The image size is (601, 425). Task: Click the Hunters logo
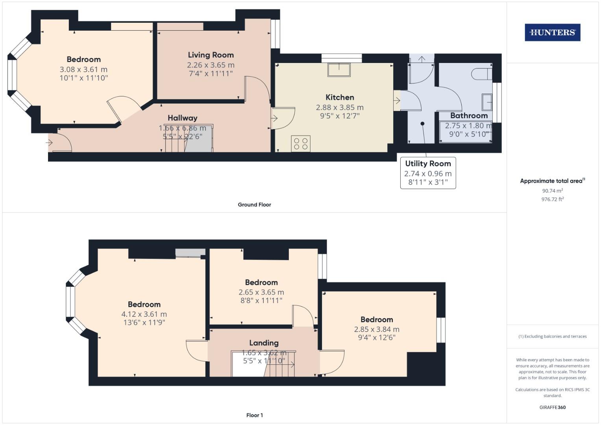tap(552, 33)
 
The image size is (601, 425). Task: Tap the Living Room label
tap(211, 55)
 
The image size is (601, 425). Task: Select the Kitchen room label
tap(340, 97)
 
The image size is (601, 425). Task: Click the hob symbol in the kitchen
tap(301, 144)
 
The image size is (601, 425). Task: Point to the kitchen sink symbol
tap(339, 70)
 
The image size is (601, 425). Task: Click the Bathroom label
tap(469, 116)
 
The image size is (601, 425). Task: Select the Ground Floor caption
tap(254, 205)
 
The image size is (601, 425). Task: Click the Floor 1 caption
tap(254, 415)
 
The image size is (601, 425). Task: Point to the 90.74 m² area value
tap(552, 191)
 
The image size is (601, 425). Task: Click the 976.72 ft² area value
tap(552, 200)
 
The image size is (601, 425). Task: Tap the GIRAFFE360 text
tap(552, 407)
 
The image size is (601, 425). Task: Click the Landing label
tap(264, 343)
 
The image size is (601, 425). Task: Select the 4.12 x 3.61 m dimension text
tap(144, 314)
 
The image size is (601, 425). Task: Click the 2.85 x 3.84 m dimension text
tap(376, 329)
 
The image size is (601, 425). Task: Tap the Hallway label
tap(182, 118)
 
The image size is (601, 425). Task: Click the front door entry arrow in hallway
tap(50, 143)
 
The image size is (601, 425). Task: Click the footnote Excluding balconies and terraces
tap(552, 336)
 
